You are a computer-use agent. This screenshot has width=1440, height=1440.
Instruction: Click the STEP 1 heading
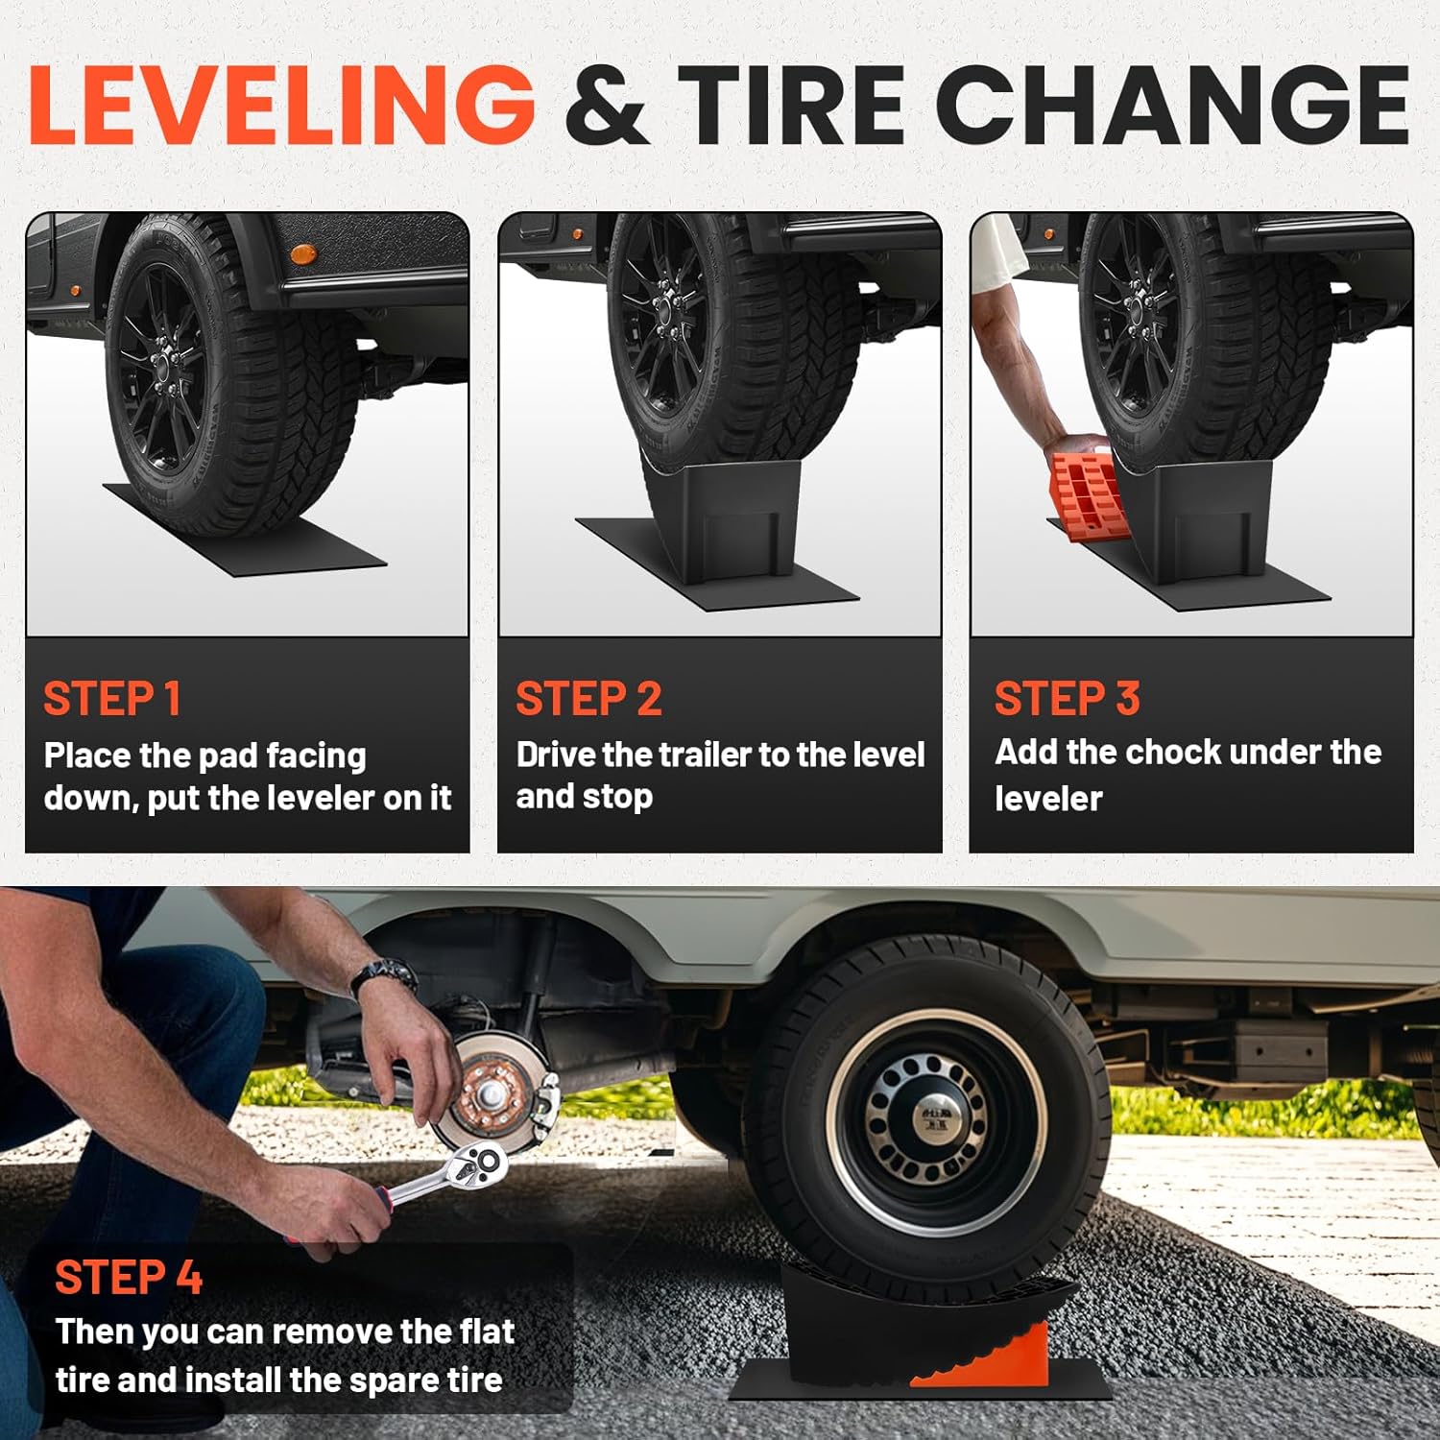click(111, 699)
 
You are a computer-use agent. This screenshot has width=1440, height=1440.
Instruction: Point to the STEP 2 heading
click(588, 699)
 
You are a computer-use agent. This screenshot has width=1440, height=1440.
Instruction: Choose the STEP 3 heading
click(1067, 699)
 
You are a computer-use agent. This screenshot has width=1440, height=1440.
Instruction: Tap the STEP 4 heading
click(129, 1278)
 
